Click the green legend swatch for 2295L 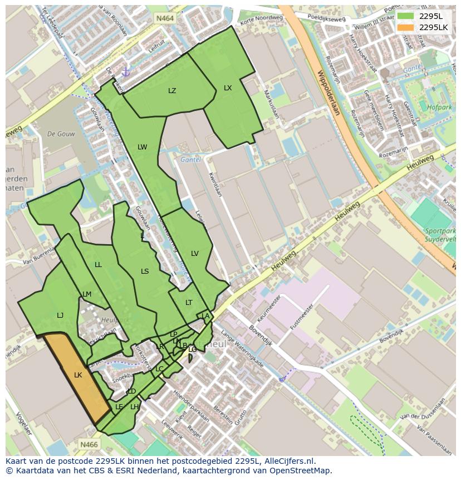(406, 16)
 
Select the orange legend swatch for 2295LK (406, 27)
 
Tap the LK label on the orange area (78, 375)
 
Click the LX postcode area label (228, 88)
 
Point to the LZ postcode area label (172, 91)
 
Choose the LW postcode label (143, 147)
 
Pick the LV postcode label (195, 254)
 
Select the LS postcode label (145, 271)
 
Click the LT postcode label (189, 303)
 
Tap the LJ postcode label (60, 316)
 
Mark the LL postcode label (99, 265)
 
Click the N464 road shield (165, 18)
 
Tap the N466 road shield (89, 444)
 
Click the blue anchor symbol (126, 72)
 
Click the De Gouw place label (61, 134)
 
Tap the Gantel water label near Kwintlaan (190, 159)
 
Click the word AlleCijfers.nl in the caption (289, 461)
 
